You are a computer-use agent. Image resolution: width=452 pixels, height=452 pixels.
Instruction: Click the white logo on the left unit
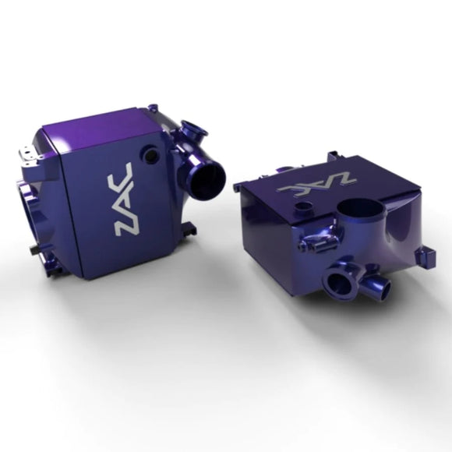pyautogui.click(x=125, y=199)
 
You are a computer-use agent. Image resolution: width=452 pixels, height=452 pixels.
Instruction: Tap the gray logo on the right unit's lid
pyautogui.click(x=318, y=185)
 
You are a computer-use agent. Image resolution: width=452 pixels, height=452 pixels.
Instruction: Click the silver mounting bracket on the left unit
pyautogui.click(x=30, y=157)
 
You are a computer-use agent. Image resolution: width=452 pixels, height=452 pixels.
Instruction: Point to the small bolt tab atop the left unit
pyautogui.click(x=154, y=108)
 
